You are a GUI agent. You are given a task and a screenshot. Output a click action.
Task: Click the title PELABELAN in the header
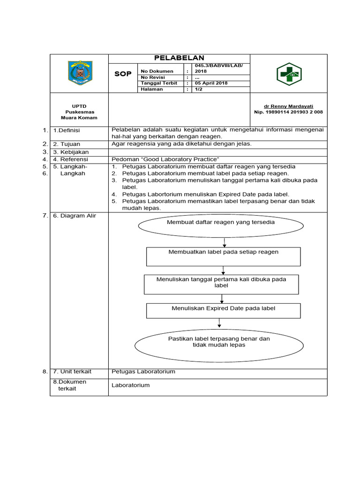[180, 58]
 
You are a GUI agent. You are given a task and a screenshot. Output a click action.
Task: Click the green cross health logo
[289, 74]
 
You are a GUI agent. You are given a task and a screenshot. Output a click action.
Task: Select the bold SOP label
[123, 74]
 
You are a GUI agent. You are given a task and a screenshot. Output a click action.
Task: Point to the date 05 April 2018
[211, 83]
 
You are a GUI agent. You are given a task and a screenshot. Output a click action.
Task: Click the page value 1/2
[198, 89]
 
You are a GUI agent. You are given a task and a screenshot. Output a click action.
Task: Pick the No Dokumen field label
[157, 71]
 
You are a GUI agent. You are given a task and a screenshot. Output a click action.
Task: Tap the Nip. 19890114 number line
[288, 112]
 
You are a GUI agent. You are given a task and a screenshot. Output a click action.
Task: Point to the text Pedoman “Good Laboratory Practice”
[166, 159]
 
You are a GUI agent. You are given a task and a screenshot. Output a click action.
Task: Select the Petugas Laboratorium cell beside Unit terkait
[143, 372]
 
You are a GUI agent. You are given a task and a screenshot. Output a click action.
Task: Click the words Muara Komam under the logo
[79, 118]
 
